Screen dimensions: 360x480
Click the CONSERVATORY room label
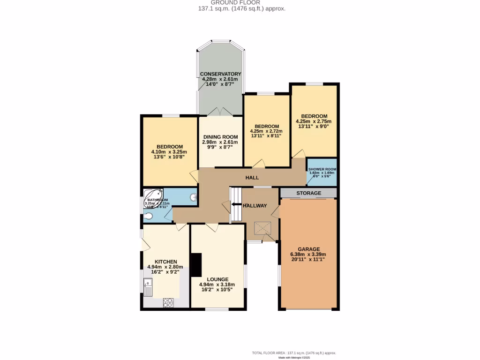pyautogui.click(x=220, y=74)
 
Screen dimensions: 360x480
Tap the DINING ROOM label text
pyautogui.click(x=220, y=136)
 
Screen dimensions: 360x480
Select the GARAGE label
pyautogui.click(x=308, y=249)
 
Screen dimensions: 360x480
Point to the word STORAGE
pyautogui.click(x=308, y=193)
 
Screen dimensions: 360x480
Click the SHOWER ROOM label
pyautogui.click(x=322, y=169)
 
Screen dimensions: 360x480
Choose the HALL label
pyautogui.click(x=252, y=178)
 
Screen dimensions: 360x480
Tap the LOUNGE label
pyautogui.click(x=217, y=278)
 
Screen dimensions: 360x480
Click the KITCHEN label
pyautogui.click(x=166, y=262)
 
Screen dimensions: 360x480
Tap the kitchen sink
pyautogui.click(x=148, y=285)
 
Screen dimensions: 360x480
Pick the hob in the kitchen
pyautogui.click(x=168, y=302)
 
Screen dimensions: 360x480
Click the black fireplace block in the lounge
pyautogui.click(x=196, y=265)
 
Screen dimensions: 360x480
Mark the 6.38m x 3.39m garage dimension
pyautogui.click(x=308, y=255)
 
